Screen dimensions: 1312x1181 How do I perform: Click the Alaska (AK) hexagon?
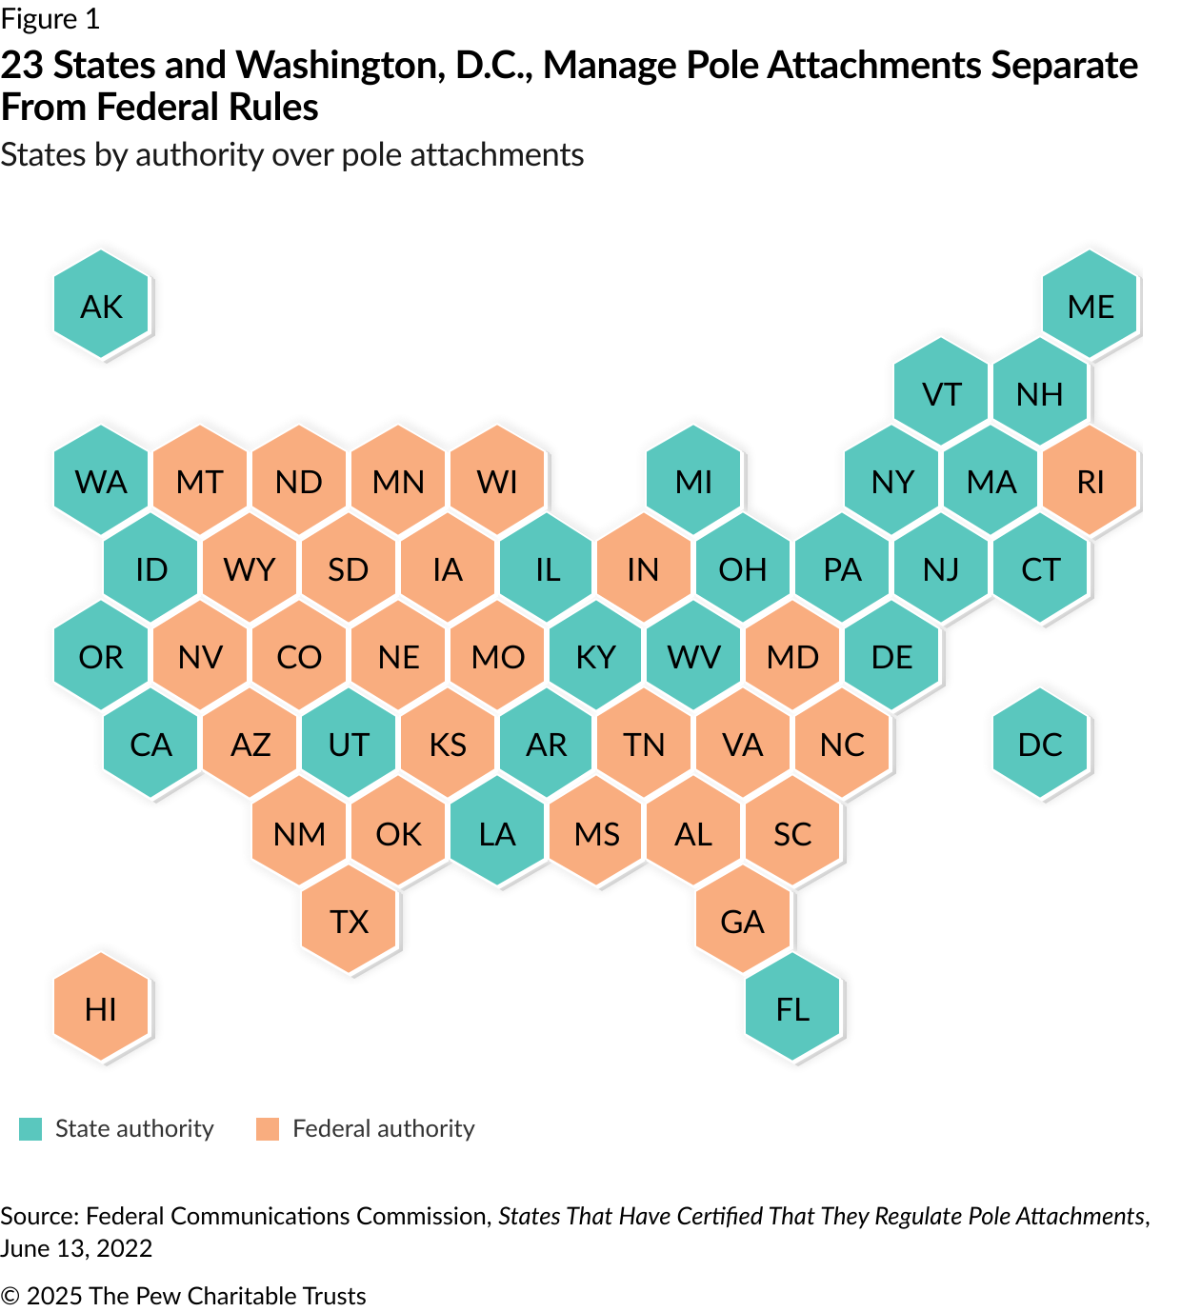101,306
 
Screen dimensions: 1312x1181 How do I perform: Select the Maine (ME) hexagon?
1091,306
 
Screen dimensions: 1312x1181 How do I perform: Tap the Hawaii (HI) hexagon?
101,1008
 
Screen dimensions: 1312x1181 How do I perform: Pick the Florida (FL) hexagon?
792,1008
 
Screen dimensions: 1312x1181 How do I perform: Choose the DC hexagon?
1040,744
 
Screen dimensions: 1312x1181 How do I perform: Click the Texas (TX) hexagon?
349,921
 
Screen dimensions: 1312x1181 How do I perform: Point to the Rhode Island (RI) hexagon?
1091,481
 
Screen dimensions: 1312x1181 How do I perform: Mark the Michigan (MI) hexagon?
693,481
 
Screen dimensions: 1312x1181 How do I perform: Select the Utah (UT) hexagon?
349,744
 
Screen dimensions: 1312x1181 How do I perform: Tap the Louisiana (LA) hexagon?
497,833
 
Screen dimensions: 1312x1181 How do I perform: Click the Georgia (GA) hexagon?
743,921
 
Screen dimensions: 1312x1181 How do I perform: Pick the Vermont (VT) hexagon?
942,393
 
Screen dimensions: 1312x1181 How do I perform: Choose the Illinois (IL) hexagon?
547,568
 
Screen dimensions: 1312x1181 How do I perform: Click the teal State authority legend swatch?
30,1129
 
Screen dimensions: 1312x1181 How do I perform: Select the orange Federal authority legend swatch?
268,1129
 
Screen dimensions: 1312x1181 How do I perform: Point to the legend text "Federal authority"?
383,1129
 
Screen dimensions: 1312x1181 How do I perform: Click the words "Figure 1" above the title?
50,19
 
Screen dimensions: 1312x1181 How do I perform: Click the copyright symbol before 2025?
10,1296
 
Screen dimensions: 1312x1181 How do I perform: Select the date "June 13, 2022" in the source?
76,1248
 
